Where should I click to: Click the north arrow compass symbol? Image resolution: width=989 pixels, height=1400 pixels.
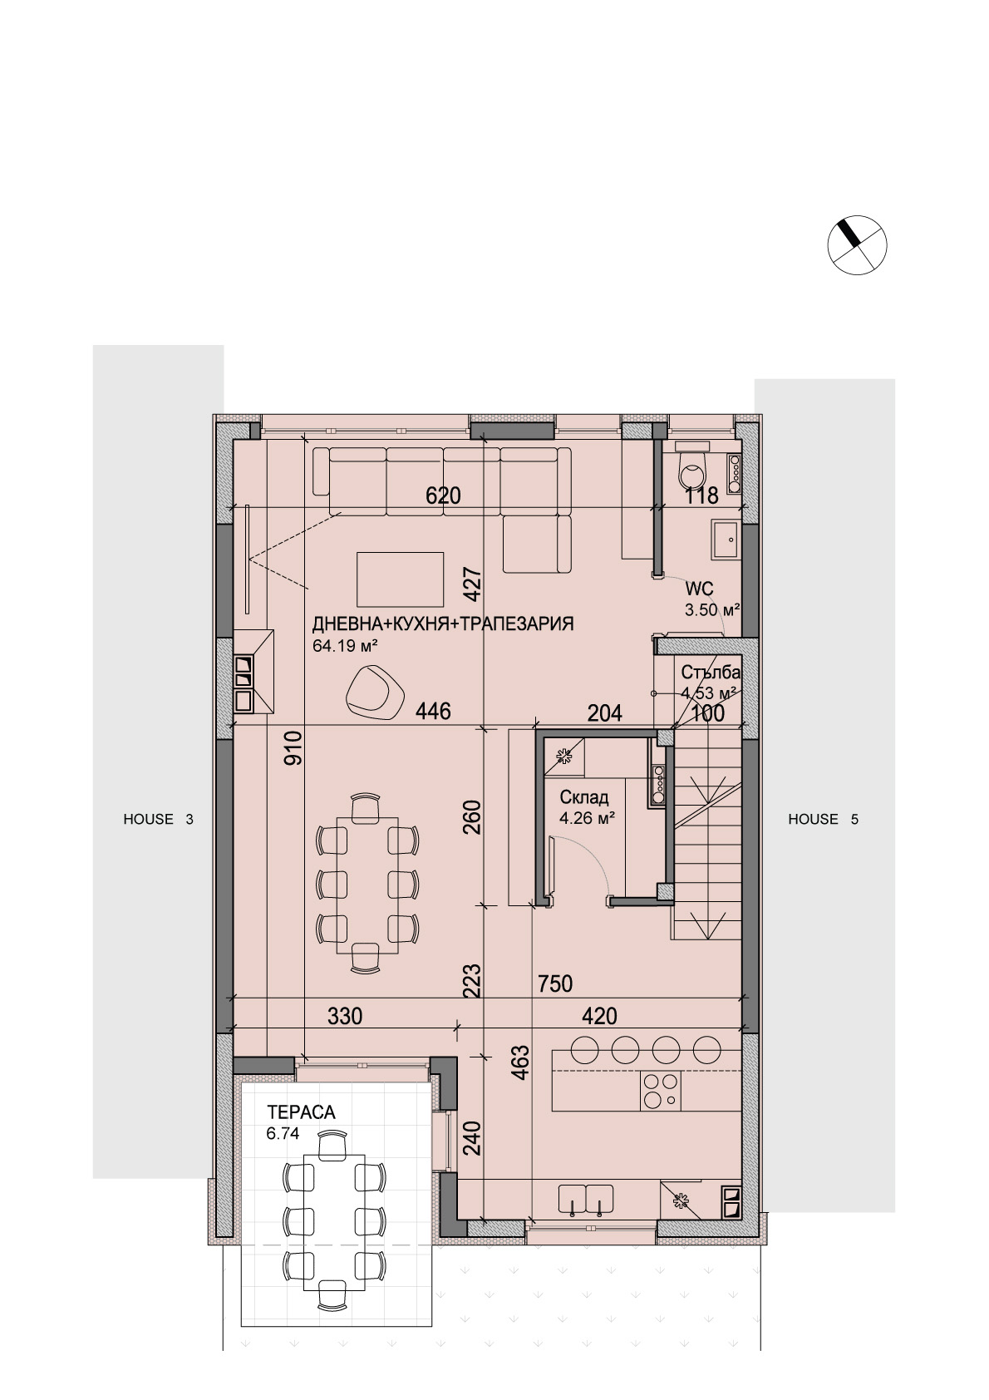click(x=857, y=245)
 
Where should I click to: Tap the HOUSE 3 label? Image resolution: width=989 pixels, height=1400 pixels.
click(x=159, y=819)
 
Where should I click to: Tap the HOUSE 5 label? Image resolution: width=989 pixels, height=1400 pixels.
click(x=823, y=819)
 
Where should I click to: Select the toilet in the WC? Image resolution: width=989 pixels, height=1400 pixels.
click(x=693, y=466)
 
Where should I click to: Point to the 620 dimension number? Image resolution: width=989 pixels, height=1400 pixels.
click(x=443, y=495)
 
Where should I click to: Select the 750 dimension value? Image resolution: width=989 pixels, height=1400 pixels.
click(x=555, y=983)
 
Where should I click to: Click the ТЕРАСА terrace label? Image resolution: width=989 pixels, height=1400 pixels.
click(x=301, y=1112)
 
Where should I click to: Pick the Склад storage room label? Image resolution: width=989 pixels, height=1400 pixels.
click(x=583, y=797)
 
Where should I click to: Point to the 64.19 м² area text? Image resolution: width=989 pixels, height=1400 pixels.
click(x=346, y=646)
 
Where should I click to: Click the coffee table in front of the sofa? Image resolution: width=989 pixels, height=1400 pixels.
click(x=401, y=579)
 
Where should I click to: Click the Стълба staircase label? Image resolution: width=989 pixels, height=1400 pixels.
click(x=711, y=673)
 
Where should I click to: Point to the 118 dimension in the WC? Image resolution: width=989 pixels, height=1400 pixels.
click(x=701, y=495)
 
